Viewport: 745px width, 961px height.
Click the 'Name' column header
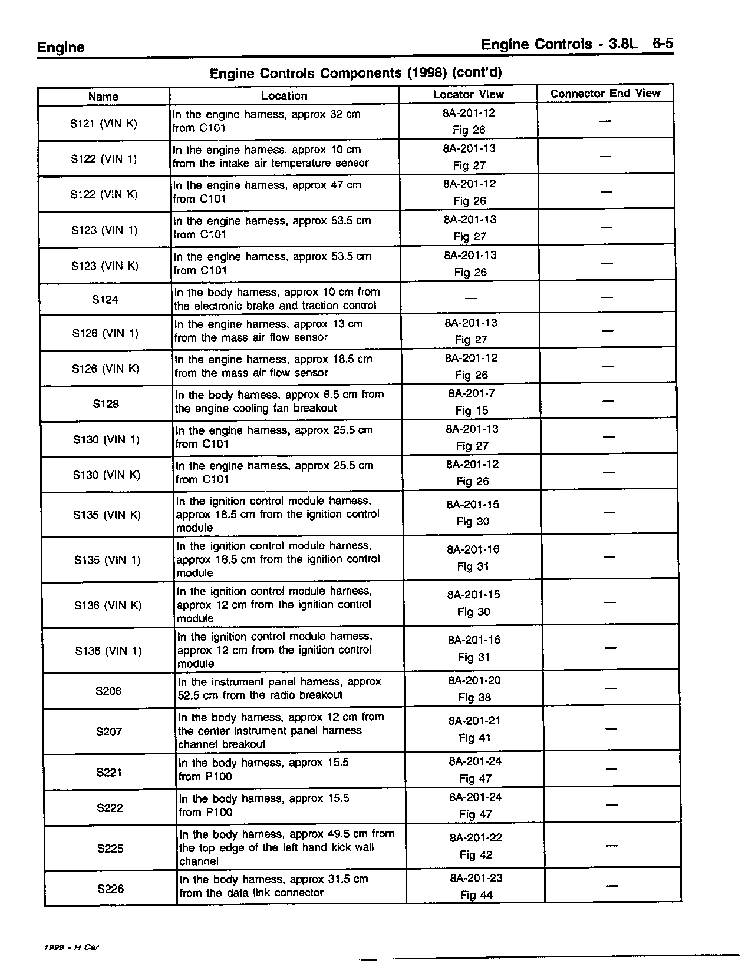tap(103, 97)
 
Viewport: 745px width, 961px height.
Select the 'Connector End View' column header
tap(605, 94)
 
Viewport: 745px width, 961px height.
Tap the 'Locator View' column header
tap(468, 94)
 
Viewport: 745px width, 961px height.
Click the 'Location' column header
tap(284, 95)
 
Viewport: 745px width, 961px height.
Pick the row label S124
tap(105, 300)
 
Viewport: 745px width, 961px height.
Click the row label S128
tap(106, 404)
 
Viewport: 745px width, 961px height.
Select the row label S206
tap(108, 691)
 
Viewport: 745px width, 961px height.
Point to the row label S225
tap(110, 849)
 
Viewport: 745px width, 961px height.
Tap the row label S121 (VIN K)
tap(103, 124)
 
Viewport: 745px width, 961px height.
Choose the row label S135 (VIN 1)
tap(107, 560)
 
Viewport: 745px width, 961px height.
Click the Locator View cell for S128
tap(472, 402)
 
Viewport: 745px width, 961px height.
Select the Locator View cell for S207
tap(474, 729)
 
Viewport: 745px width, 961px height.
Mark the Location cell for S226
tap(273, 886)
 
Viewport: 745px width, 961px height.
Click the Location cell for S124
tap(276, 299)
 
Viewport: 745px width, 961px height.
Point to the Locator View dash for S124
tap(471, 298)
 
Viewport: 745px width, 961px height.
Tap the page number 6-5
tap(662, 44)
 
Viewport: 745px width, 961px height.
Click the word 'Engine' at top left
tap(61, 48)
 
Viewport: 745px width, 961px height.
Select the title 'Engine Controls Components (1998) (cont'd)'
tap(355, 73)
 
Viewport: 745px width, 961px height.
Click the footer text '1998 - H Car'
tap(71, 947)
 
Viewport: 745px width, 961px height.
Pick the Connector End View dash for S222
tap(612, 805)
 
